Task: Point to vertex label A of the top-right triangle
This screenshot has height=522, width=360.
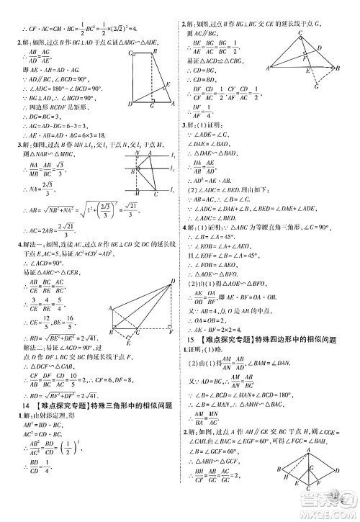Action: click(269, 68)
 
